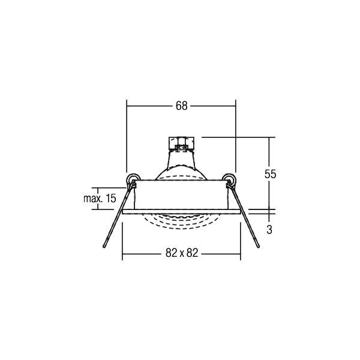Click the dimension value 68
pos(181,106)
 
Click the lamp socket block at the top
pos(180,144)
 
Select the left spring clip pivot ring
pos(133,178)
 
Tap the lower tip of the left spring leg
pos(104,247)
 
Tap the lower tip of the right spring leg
pos(257,247)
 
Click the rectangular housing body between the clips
pos(181,195)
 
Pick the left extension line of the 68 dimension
pos(126,138)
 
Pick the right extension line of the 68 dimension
pos(236,138)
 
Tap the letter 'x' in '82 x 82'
pos(181,253)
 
